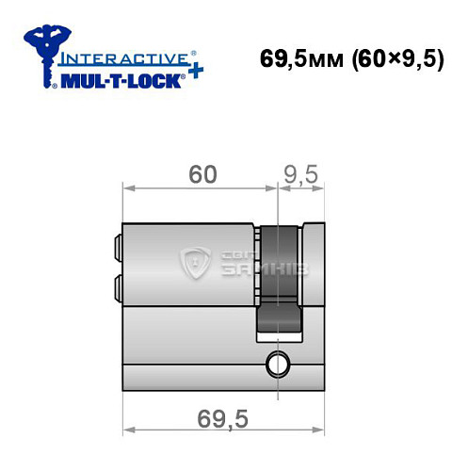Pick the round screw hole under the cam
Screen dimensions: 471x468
click(x=277, y=362)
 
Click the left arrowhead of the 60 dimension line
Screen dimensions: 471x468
click(x=128, y=189)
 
